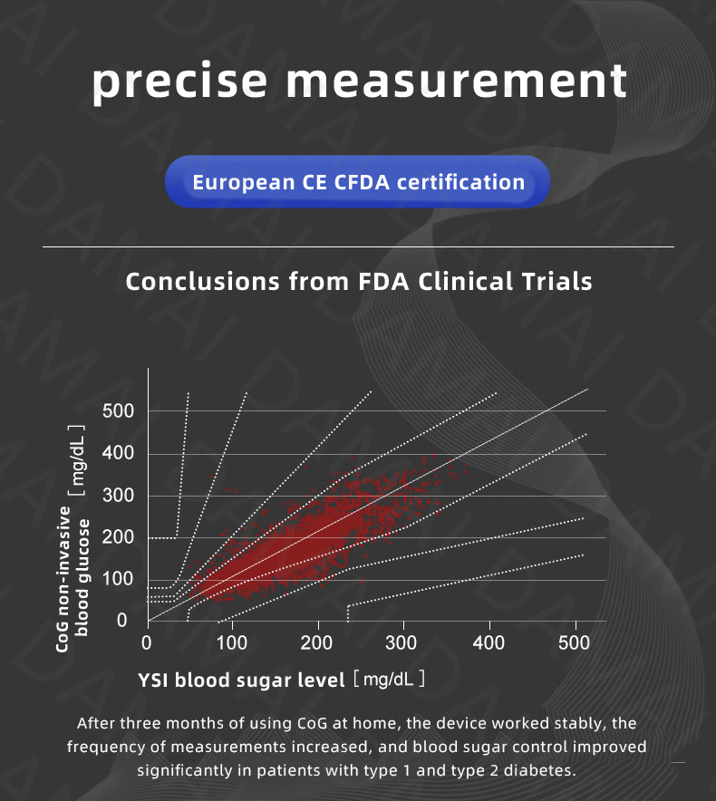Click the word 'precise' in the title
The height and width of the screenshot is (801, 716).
[181, 81]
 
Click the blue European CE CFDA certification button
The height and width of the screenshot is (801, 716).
[358, 182]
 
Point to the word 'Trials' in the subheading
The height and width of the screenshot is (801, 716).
[551, 281]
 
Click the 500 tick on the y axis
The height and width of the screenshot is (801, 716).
[118, 411]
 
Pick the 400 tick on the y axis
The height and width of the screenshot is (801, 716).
[118, 454]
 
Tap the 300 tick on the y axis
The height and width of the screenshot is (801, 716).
[118, 496]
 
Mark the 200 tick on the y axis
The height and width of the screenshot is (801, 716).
[118, 538]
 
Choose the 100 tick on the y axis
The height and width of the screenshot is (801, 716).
[118, 580]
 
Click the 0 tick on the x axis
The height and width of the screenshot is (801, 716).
[148, 643]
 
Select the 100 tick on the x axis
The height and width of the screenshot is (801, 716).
[232, 643]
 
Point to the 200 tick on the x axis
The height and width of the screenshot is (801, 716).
[317, 643]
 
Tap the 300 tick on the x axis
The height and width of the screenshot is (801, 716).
[402, 643]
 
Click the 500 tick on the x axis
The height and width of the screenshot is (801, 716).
[573, 643]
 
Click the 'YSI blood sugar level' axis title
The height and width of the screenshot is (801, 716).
[241, 680]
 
